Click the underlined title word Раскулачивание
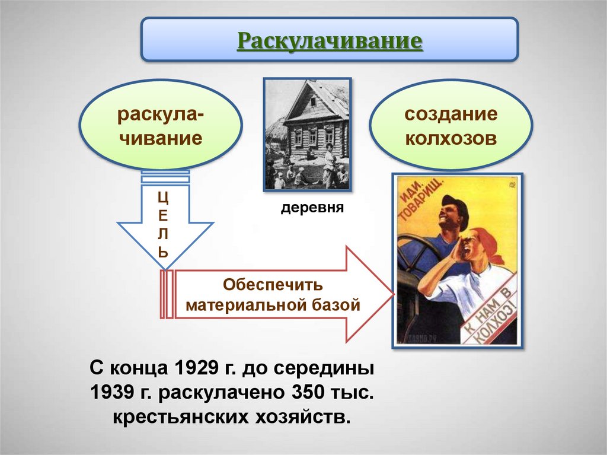click(330, 41)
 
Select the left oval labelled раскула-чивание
click(160, 126)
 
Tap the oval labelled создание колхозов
click(451, 126)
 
